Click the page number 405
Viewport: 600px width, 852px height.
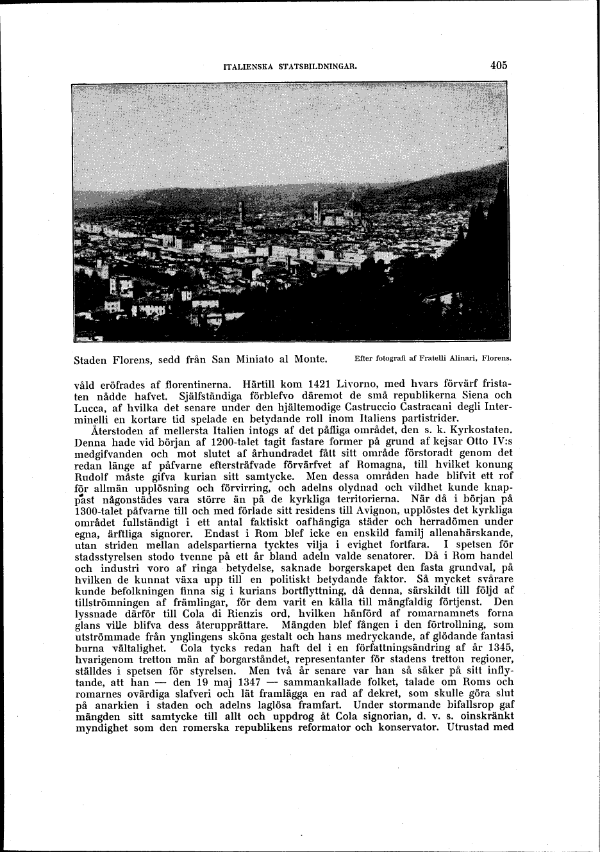point(498,65)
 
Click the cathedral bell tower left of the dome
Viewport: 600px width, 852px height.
point(315,211)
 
